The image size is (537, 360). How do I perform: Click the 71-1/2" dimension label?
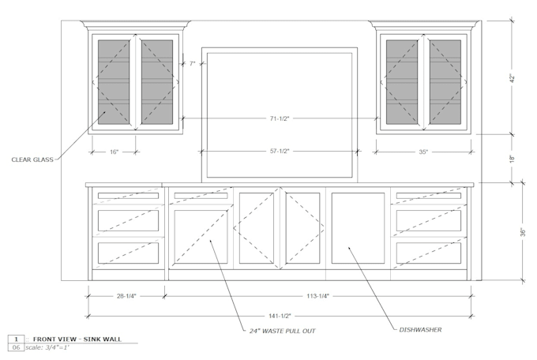point(280,118)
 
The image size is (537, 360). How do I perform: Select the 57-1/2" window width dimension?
point(280,151)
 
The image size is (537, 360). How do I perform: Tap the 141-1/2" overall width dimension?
point(280,316)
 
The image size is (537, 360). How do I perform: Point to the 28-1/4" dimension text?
point(126,296)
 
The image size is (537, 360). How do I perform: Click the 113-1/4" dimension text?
point(317,296)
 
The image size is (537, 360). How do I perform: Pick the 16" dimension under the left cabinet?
point(114,152)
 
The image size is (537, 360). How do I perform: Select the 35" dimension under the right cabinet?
point(423,152)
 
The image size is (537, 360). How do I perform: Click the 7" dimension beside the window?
point(192,63)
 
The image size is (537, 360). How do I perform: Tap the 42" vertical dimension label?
point(513,78)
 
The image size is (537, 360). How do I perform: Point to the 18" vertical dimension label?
point(513,159)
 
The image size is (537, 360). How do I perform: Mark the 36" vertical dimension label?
point(523,232)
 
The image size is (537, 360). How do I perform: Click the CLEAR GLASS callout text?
point(32,159)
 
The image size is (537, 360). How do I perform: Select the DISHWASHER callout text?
point(420,329)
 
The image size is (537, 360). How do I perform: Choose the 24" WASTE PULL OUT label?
point(282,331)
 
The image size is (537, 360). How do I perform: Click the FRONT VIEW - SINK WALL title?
point(77,339)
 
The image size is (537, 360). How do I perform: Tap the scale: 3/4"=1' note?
point(47,347)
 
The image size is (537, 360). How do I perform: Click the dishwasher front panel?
point(358,228)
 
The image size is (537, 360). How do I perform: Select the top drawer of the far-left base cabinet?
point(129,196)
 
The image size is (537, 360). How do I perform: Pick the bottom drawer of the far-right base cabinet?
point(429,253)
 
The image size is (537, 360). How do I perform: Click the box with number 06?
point(16,347)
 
